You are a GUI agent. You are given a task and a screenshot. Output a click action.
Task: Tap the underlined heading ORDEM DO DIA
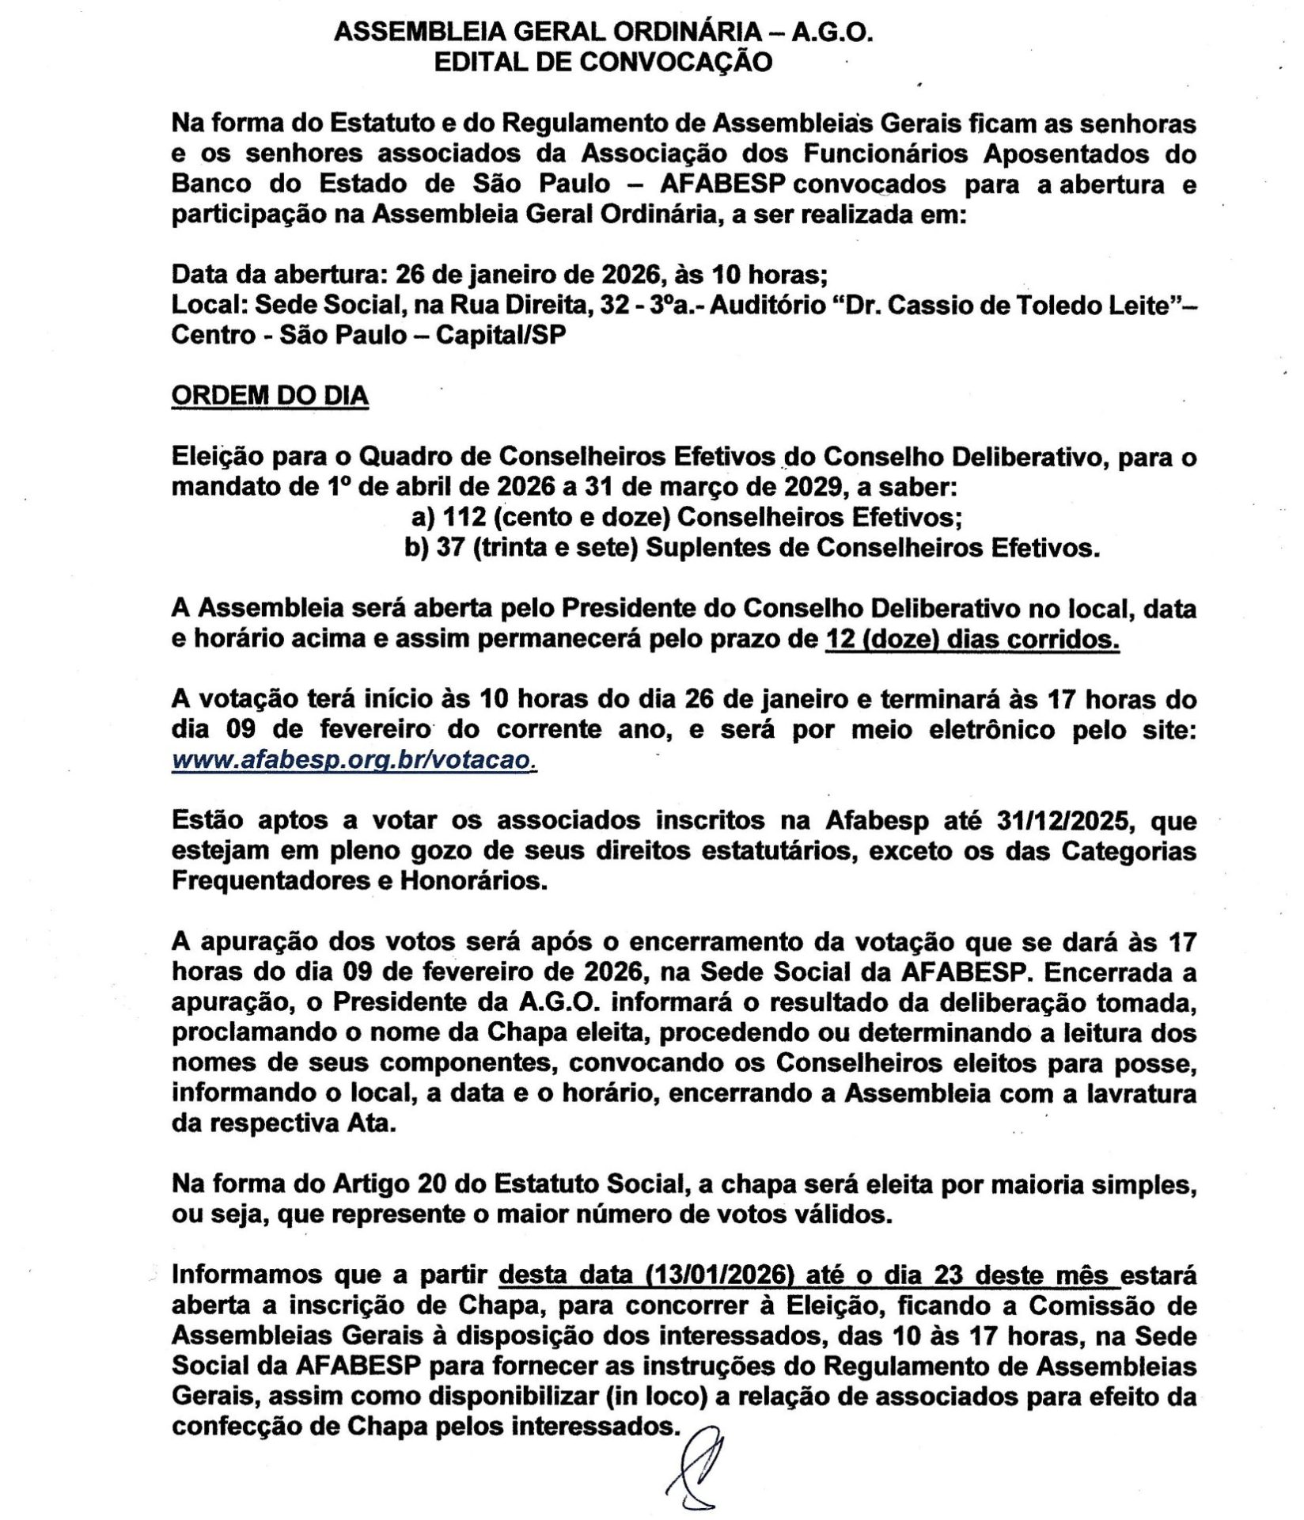click(x=270, y=395)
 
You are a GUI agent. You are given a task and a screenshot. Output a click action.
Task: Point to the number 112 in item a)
click(x=461, y=518)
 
